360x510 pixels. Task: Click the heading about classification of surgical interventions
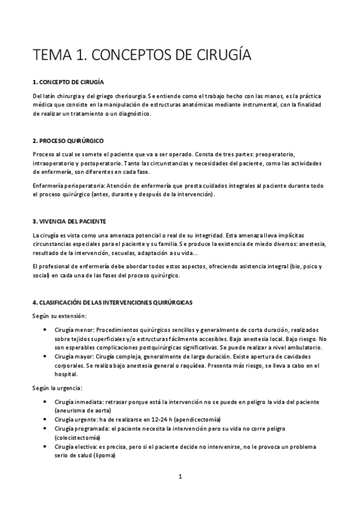click(112, 303)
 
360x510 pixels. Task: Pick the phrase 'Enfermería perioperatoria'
click(65, 186)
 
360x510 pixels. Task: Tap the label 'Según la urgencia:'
click(57, 388)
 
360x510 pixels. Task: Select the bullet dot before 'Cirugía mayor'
click(47, 356)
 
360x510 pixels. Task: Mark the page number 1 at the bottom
click(180, 477)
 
